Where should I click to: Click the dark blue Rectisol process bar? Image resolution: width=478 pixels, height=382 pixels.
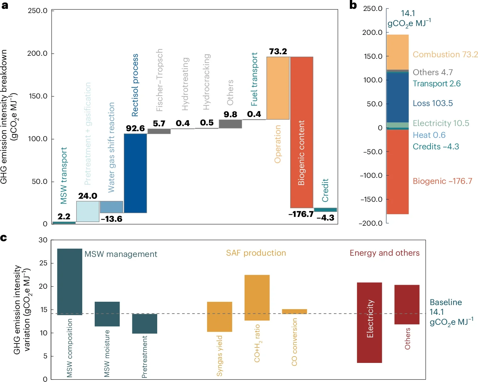[135, 173]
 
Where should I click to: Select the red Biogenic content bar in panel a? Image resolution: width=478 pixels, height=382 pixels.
[302, 132]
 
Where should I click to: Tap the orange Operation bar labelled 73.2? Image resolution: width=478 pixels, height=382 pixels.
[278, 88]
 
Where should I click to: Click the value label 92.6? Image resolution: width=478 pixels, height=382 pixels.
[135, 128]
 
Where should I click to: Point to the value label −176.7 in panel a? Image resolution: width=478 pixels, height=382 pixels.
[301, 214]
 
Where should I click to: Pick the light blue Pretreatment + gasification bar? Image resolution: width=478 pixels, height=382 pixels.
[88, 211]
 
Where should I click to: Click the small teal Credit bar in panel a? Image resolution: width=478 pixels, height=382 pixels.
[325, 210]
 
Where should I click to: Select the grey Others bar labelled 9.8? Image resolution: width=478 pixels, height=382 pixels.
[230, 124]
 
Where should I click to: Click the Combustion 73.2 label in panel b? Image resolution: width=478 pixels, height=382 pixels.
[445, 55]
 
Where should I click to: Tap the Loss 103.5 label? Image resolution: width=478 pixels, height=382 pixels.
[432, 103]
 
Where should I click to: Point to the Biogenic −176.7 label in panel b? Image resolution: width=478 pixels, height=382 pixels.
[442, 181]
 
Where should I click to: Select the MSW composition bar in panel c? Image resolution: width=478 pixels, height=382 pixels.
[70, 282]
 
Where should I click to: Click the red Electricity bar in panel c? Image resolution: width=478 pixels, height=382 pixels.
[369, 322]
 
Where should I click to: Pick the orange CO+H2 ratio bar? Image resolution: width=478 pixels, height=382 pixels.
[257, 297]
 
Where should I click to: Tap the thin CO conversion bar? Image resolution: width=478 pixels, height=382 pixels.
[294, 311]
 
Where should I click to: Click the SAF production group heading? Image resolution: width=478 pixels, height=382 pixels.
[256, 253]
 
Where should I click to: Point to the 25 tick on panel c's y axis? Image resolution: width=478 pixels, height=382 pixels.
[43, 263]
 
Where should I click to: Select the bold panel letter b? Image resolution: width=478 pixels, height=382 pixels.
[353, 5]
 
